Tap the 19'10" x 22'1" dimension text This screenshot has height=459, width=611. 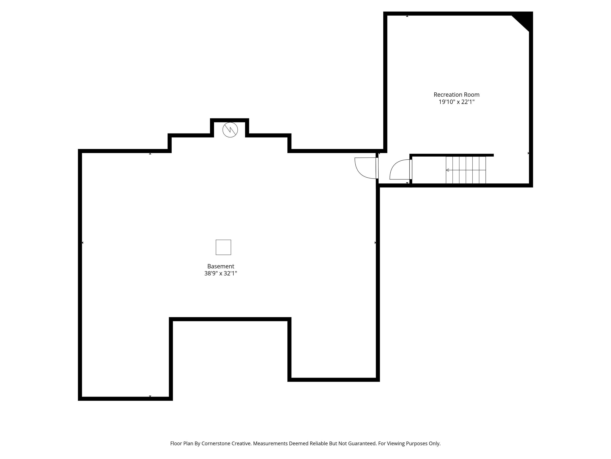[x=457, y=102]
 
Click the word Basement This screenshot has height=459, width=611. [x=221, y=266]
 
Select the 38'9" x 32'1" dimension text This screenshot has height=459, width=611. [x=221, y=273]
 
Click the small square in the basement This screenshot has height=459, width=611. [x=223, y=247]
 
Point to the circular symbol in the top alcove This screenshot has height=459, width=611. [x=230, y=130]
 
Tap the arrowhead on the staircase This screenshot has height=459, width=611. [x=448, y=170]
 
